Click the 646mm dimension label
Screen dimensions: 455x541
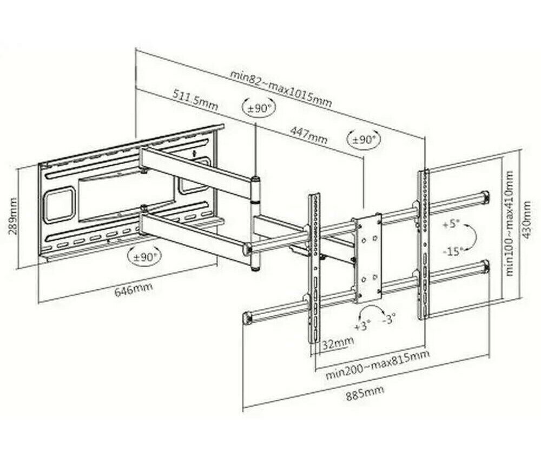133,290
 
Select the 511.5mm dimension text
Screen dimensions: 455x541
195,99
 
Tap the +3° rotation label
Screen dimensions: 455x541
362,326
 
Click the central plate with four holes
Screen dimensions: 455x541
366,258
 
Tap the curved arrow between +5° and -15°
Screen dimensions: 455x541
472,237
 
